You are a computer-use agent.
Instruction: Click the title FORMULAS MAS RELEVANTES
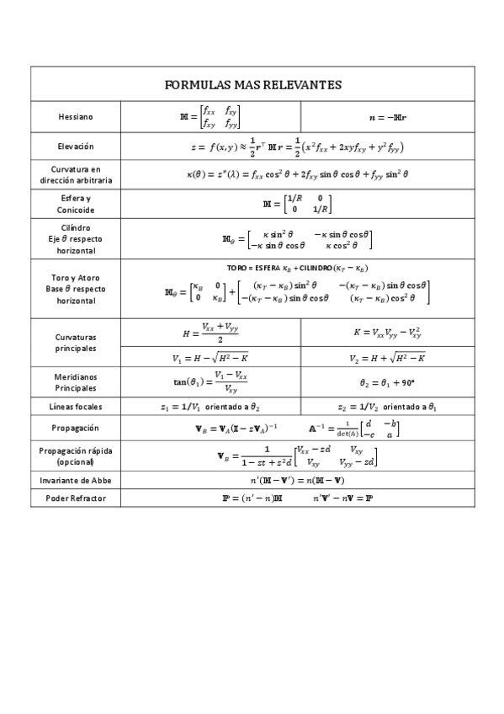point(252,85)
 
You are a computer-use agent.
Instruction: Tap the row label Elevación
point(76,146)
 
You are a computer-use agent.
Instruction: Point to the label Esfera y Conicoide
point(76,203)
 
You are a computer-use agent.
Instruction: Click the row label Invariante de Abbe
point(76,481)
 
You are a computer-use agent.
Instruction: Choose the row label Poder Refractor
point(76,498)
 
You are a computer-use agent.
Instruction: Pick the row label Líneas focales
point(76,407)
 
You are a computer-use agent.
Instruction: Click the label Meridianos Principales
point(76,381)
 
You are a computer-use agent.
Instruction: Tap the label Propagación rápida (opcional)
point(76,456)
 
